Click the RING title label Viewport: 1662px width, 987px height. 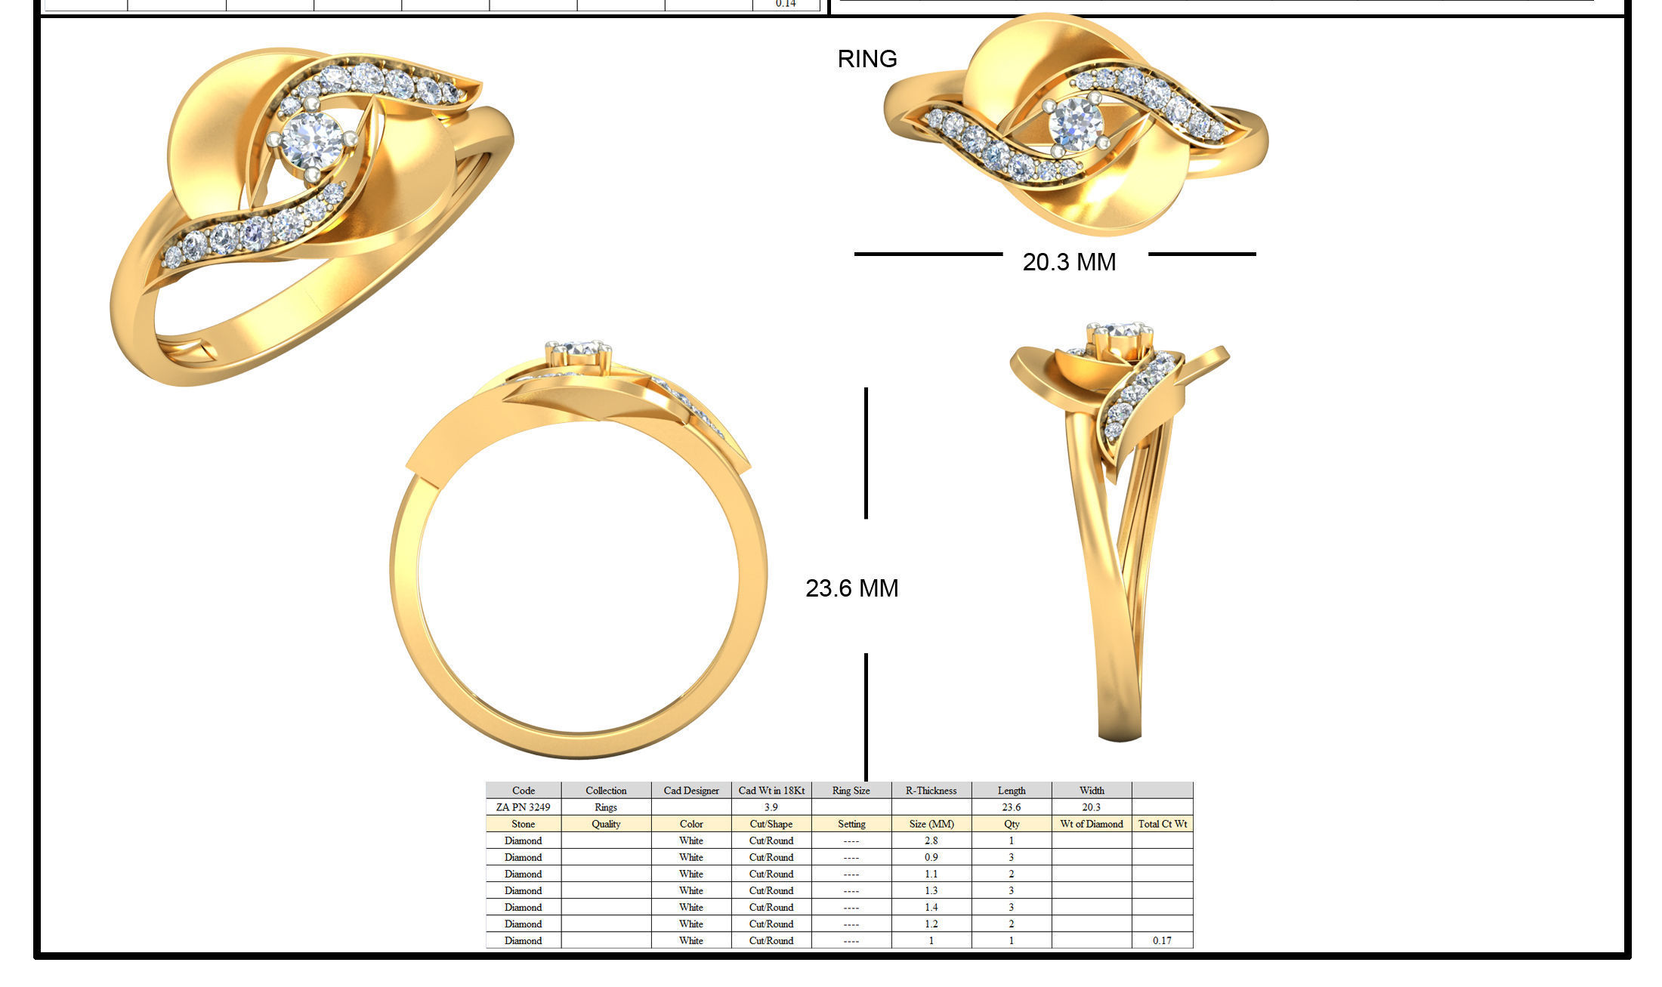coord(867,59)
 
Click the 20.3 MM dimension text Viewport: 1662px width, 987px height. coord(1069,262)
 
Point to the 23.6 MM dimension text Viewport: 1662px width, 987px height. coord(851,588)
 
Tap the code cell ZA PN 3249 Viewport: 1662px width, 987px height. coord(523,807)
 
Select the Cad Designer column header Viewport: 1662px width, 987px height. coord(690,791)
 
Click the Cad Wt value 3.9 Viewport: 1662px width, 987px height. coord(771,807)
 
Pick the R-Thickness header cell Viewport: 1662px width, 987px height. coord(931,791)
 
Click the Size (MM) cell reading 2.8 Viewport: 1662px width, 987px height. coord(931,840)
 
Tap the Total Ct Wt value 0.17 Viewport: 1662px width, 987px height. coord(1162,940)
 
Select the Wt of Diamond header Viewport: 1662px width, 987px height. coord(1091,824)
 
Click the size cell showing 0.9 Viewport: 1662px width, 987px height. coord(931,857)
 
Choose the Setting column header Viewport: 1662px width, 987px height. coord(851,824)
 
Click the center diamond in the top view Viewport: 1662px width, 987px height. coord(1076,123)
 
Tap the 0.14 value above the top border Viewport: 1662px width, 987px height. coord(786,4)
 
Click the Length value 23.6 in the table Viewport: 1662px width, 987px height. coord(1011,807)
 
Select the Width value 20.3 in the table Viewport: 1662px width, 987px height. coord(1091,807)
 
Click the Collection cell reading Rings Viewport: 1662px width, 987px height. coord(606,807)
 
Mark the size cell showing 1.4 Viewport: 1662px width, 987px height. coord(931,907)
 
